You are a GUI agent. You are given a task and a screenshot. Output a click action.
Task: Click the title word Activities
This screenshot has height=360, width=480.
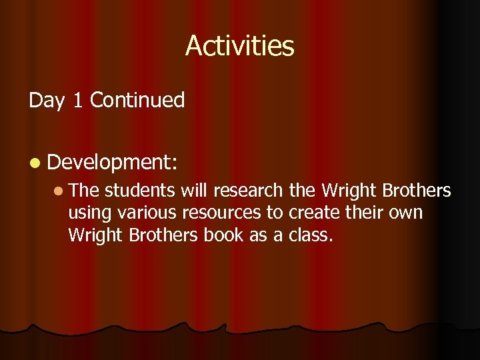[x=239, y=46]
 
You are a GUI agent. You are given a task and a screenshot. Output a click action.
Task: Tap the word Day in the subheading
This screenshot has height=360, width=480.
[x=46, y=101]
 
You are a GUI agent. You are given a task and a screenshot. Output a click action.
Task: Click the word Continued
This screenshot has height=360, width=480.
[x=137, y=101]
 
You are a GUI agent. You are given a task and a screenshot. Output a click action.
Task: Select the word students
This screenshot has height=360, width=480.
[x=140, y=191]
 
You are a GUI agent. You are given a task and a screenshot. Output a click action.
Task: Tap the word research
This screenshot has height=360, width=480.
[x=248, y=191]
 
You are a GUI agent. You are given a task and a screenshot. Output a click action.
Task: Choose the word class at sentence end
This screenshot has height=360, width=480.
[x=310, y=235]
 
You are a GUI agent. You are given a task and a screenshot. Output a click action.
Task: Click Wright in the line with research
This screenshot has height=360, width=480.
[x=349, y=191]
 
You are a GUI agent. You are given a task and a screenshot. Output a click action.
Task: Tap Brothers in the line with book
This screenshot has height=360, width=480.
[x=155, y=235]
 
